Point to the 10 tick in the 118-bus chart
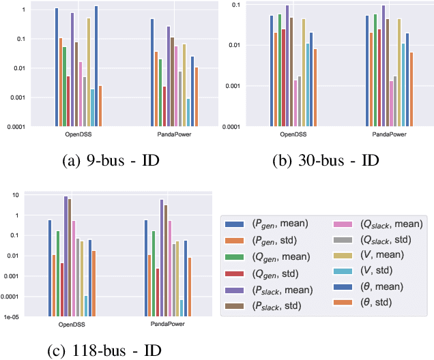(20, 195)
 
